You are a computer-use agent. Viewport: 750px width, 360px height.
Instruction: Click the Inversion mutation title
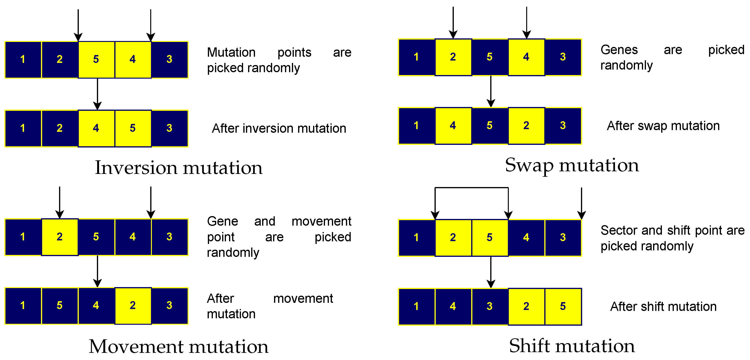coord(179,168)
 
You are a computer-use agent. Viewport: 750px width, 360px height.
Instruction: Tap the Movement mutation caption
coord(179,347)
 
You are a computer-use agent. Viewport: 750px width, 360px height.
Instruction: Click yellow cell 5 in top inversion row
coord(96,59)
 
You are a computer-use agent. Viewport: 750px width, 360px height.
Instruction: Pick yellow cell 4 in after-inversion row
coord(96,128)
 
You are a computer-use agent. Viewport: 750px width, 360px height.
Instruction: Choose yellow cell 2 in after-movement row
coord(133,305)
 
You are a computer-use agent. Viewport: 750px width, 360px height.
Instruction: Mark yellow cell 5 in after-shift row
coord(563,306)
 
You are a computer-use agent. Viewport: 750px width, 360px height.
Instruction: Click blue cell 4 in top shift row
coord(526,238)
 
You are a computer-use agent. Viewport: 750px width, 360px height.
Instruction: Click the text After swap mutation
coord(663,126)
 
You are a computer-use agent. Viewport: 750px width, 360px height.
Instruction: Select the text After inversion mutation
coord(279,128)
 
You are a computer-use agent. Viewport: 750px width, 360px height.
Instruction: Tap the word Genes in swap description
coord(619,50)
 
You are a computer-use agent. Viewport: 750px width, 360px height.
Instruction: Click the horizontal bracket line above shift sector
coord(472,188)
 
